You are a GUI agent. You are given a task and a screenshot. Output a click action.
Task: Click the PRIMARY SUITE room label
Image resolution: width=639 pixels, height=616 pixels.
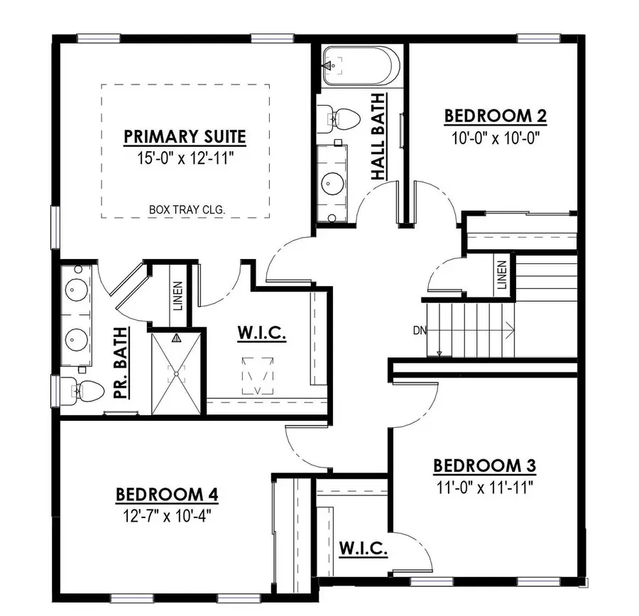(x=185, y=136)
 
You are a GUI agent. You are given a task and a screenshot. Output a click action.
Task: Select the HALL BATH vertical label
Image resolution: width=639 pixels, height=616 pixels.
(x=378, y=136)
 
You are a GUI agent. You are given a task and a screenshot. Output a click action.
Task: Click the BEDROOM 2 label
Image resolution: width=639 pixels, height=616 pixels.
(x=495, y=116)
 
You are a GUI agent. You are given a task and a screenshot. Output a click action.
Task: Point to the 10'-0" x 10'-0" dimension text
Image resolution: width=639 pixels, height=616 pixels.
(x=495, y=137)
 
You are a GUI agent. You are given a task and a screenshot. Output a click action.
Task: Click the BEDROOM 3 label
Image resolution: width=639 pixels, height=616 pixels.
(x=484, y=466)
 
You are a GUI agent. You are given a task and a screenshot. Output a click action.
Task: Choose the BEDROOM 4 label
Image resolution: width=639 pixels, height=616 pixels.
(x=166, y=494)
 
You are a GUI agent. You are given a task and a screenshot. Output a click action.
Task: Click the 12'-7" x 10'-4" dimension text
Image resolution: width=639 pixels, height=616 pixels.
(x=166, y=515)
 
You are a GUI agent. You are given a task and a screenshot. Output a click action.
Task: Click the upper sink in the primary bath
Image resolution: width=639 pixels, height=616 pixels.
(x=75, y=290)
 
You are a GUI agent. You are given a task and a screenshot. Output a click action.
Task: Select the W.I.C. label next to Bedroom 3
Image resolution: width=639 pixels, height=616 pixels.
(x=362, y=548)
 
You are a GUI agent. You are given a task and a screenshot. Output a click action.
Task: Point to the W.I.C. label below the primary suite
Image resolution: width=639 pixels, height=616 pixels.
(x=262, y=333)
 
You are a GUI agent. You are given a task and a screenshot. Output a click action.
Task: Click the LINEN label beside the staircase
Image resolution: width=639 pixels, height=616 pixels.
(x=503, y=275)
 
